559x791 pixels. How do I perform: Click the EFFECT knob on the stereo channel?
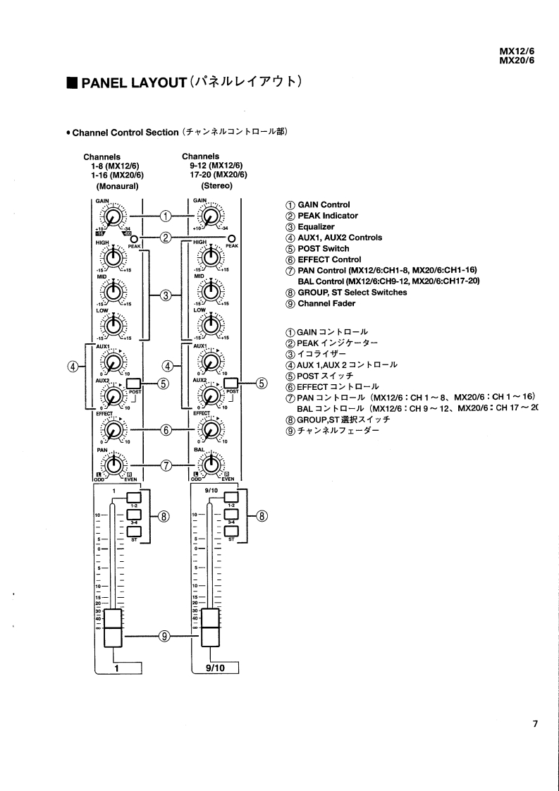(x=209, y=429)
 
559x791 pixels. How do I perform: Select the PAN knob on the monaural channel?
(x=111, y=463)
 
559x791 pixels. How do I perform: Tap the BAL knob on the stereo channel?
(x=209, y=463)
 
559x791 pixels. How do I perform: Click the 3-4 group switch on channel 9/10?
(x=231, y=515)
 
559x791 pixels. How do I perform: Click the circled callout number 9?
(x=164, y=636)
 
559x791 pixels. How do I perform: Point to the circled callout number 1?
(x=166, y=215)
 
